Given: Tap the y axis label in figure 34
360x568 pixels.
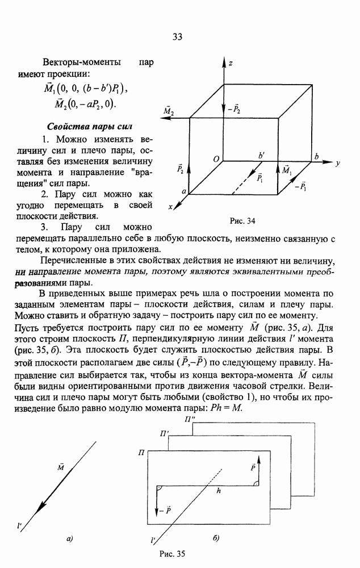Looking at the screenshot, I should (x=337, y=163).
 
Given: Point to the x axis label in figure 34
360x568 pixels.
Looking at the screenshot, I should (x=170, y=208).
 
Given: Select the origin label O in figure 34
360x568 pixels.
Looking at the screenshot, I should (x=216, y=161).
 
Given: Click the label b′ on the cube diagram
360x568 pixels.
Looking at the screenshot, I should (x=262, y=155).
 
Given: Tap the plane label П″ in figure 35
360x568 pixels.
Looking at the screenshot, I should (x=191, y=419).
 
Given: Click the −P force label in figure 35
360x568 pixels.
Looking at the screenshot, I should (x=165, y=511).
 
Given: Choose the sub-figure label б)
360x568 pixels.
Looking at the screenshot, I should (x=216, y=537).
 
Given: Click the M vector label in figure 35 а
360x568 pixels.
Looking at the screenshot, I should (x=60, y=467).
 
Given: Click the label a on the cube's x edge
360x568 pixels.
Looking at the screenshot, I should (x=183, y=193).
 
